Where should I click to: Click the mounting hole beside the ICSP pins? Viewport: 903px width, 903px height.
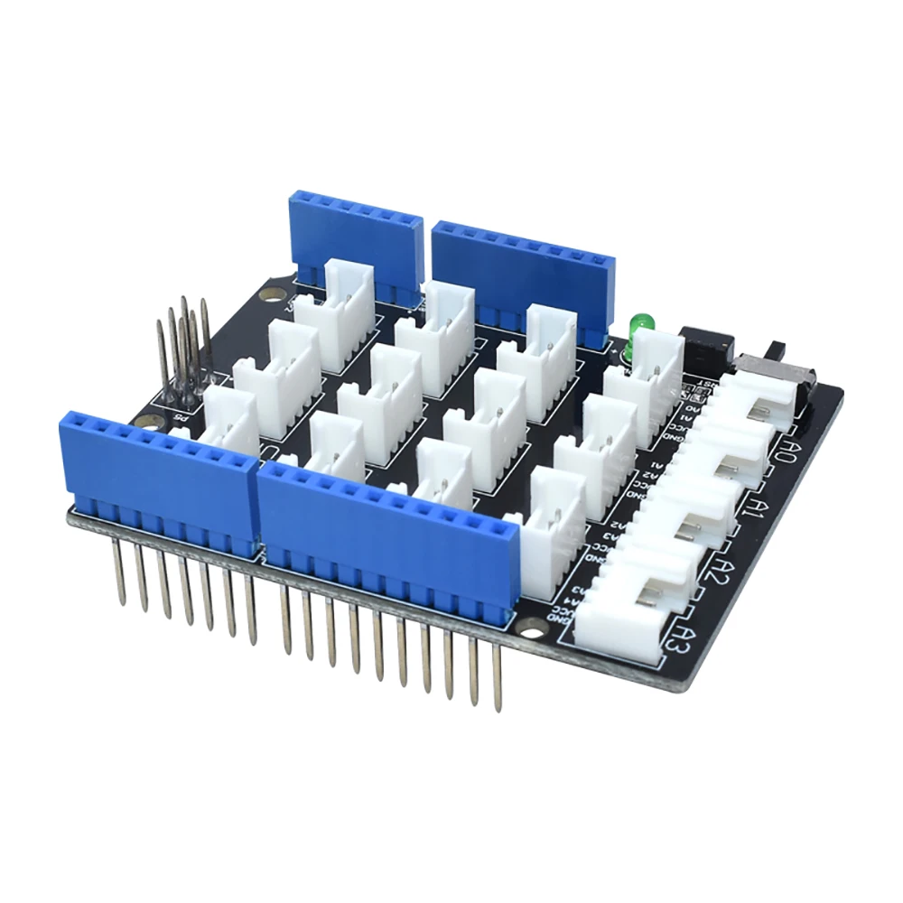coord(268,294)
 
